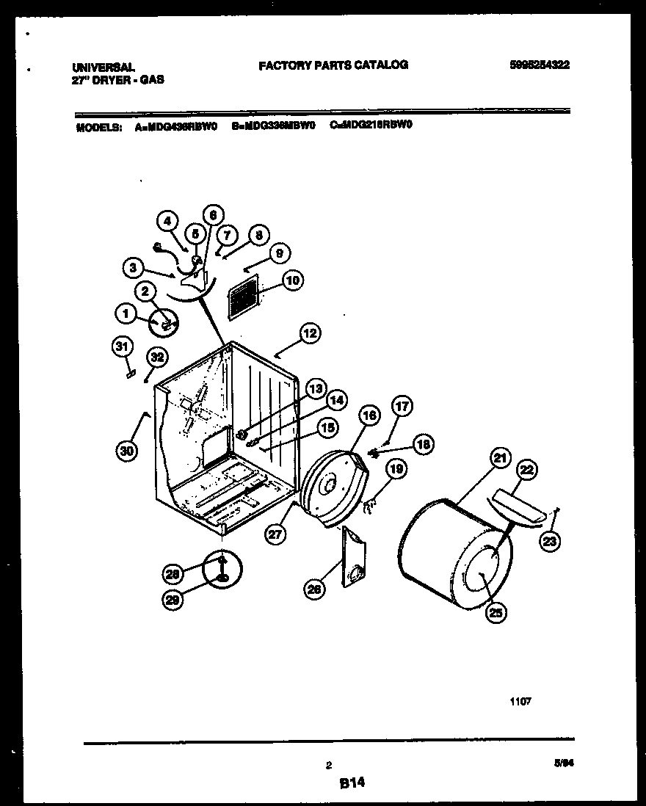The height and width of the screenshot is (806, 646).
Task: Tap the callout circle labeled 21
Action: pos(499,459)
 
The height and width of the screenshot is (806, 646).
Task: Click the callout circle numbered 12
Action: pos(309,333)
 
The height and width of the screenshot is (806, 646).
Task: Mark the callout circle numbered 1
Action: pos(125,314)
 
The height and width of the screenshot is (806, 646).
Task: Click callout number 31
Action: pos(123,346)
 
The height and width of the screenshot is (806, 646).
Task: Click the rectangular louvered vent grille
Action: pos(243,298)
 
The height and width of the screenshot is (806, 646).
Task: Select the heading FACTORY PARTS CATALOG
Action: pos(333,65)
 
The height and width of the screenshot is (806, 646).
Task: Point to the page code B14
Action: pos(352,784)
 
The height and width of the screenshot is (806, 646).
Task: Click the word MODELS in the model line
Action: pos(98,126)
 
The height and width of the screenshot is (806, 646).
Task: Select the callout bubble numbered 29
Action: pos(172,599)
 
